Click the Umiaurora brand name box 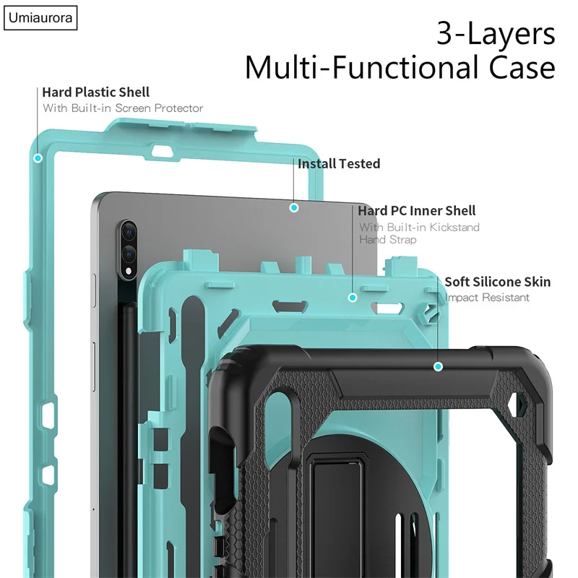tap(40, 17)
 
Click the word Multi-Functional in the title tap(363, 67)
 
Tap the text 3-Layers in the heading tap(496, 33)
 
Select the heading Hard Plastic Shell tap(96, 92)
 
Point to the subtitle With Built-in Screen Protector tap(123, 108)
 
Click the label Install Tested tap(339, 164)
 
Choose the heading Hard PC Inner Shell tap(417, 211)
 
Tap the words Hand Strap tap(388, 240)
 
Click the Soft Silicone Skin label tap(498, 282)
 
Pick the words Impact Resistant tap(487, 298)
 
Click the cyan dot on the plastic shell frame tap(38, 158)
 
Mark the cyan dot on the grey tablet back tap(294, 208)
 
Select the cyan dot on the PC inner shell tap(353, 298)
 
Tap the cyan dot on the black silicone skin tap(438, 366)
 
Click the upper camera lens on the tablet tap(128, 232)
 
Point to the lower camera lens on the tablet tap(129, 254)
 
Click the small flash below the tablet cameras tap(129, 272)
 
